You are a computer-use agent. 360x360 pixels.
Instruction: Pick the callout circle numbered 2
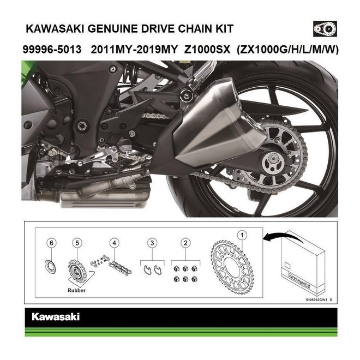[186, 241]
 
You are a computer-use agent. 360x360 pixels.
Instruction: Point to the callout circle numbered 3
[154, 241]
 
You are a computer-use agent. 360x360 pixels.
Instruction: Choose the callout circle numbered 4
[113, 241]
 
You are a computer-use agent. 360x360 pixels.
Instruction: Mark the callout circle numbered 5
[77, 241]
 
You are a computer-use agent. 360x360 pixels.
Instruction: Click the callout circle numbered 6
[51, 241]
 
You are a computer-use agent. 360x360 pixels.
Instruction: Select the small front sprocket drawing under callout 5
[76, 268]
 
